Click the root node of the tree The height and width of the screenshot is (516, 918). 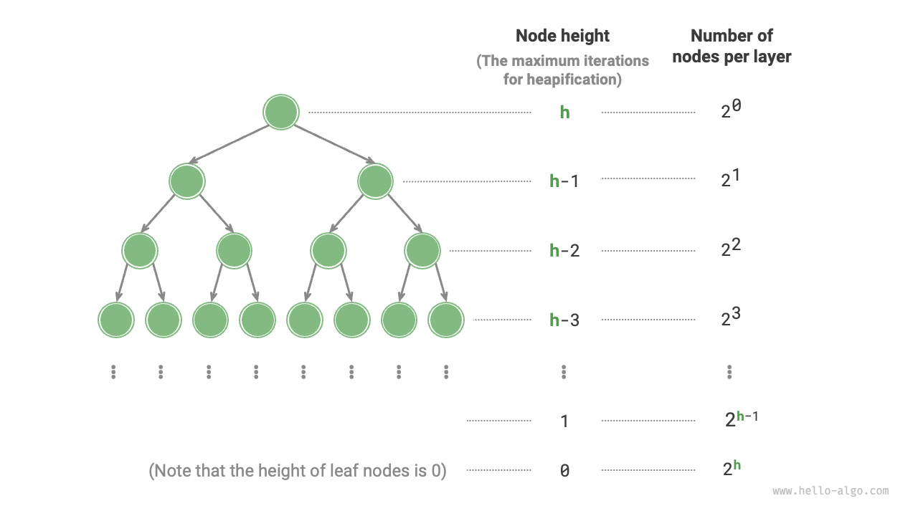click(x=280, y=112)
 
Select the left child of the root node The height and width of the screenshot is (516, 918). click(x=186, y=181)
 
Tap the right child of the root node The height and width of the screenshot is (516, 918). click(x=375, y=181)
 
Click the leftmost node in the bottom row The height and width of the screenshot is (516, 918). click(x=116, y=320)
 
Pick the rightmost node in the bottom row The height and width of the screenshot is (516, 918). click(x=446, y=320)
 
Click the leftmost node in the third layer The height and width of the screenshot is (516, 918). click(x=140, y=250)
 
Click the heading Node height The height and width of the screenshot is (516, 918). click(x=562, y=36)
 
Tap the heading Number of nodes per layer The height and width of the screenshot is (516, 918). click(x=732, y=46)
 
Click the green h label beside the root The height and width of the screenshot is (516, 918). click(x=564, y=113)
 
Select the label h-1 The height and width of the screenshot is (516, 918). click(x=564, y=181)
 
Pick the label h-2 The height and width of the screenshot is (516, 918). click(x=564, y=251)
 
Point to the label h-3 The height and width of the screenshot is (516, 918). click(x=564, y=320)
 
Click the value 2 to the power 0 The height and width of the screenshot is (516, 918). click(x=731, y=110)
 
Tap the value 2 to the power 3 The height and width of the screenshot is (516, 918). click(x=731, y=317)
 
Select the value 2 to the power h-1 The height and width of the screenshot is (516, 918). click(x=741, y=419)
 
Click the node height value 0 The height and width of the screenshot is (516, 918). click(x=564, y=471)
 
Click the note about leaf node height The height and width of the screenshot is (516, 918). click(x=297, y=471)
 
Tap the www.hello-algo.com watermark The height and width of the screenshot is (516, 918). click(x=831, y=492)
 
